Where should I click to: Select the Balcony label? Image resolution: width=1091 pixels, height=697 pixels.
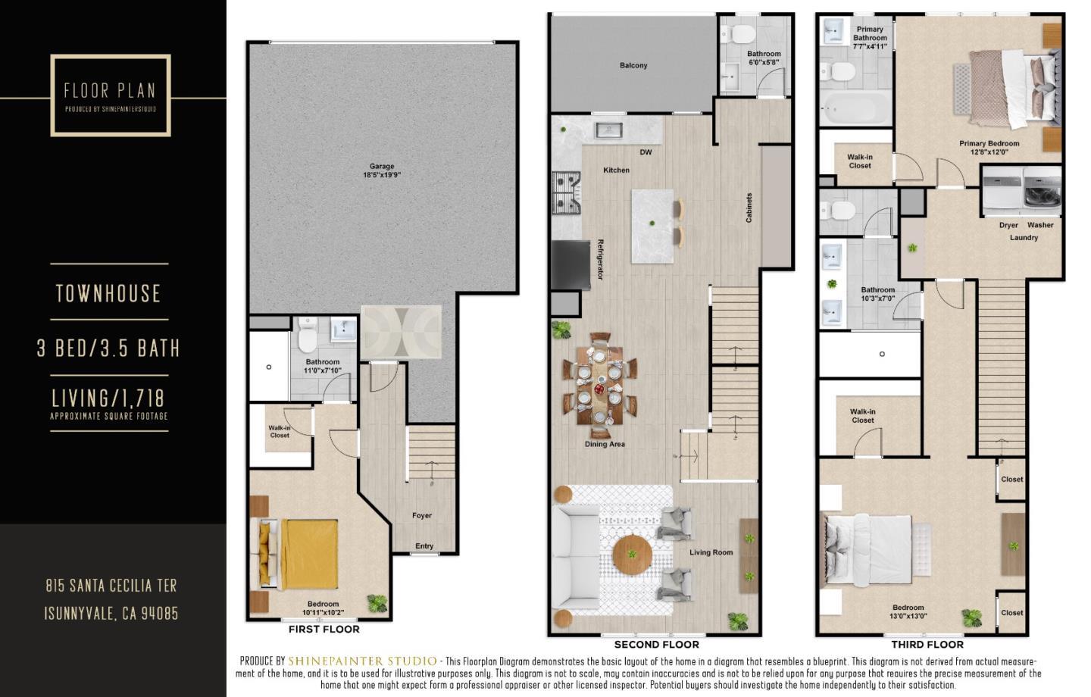633,66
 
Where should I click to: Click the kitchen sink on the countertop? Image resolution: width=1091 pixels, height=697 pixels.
608,130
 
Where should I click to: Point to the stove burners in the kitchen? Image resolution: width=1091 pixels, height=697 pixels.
565,192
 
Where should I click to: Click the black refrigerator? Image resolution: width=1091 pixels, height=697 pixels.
571,264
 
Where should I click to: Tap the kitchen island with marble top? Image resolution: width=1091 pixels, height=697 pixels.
652,226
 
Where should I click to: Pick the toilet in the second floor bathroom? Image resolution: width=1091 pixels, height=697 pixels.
738,34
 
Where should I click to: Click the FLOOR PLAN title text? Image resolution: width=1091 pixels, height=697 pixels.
110,92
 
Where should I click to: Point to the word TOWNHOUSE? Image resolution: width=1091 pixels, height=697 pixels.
109,293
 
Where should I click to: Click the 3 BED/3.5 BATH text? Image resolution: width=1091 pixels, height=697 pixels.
109,348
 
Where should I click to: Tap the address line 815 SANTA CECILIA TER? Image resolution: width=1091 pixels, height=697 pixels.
111,586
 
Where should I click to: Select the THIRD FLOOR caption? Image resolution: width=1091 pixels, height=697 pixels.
927,645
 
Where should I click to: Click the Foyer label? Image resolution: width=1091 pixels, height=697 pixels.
422,515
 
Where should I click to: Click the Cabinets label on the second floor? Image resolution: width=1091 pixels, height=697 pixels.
749,208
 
